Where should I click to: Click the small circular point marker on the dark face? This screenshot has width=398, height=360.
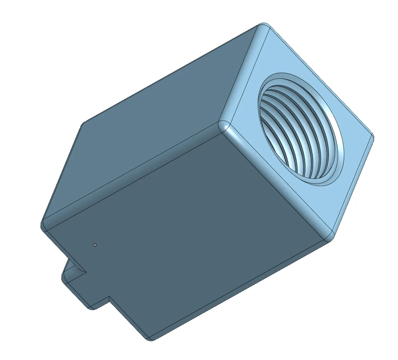tap(95, 245)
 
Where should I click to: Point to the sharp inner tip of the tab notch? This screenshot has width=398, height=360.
tap(86, 273)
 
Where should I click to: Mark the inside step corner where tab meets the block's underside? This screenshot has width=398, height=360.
tap(109, 297)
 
